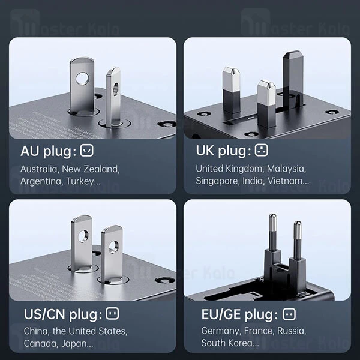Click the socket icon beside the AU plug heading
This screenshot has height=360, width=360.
(87, 151)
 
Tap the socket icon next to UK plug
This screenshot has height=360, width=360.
(261, 150)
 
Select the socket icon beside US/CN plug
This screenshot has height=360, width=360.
(113, 314)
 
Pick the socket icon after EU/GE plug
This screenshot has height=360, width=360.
(289, 314)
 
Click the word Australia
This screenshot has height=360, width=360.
(39, 169)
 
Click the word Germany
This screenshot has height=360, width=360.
(221, 331)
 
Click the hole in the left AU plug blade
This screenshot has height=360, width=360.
(82, 79)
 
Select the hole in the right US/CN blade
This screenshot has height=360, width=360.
(113, 247)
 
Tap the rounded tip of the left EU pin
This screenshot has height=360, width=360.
(272, 218)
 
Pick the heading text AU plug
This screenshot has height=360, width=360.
(48, 152)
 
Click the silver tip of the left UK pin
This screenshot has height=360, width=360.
(231, 78)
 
